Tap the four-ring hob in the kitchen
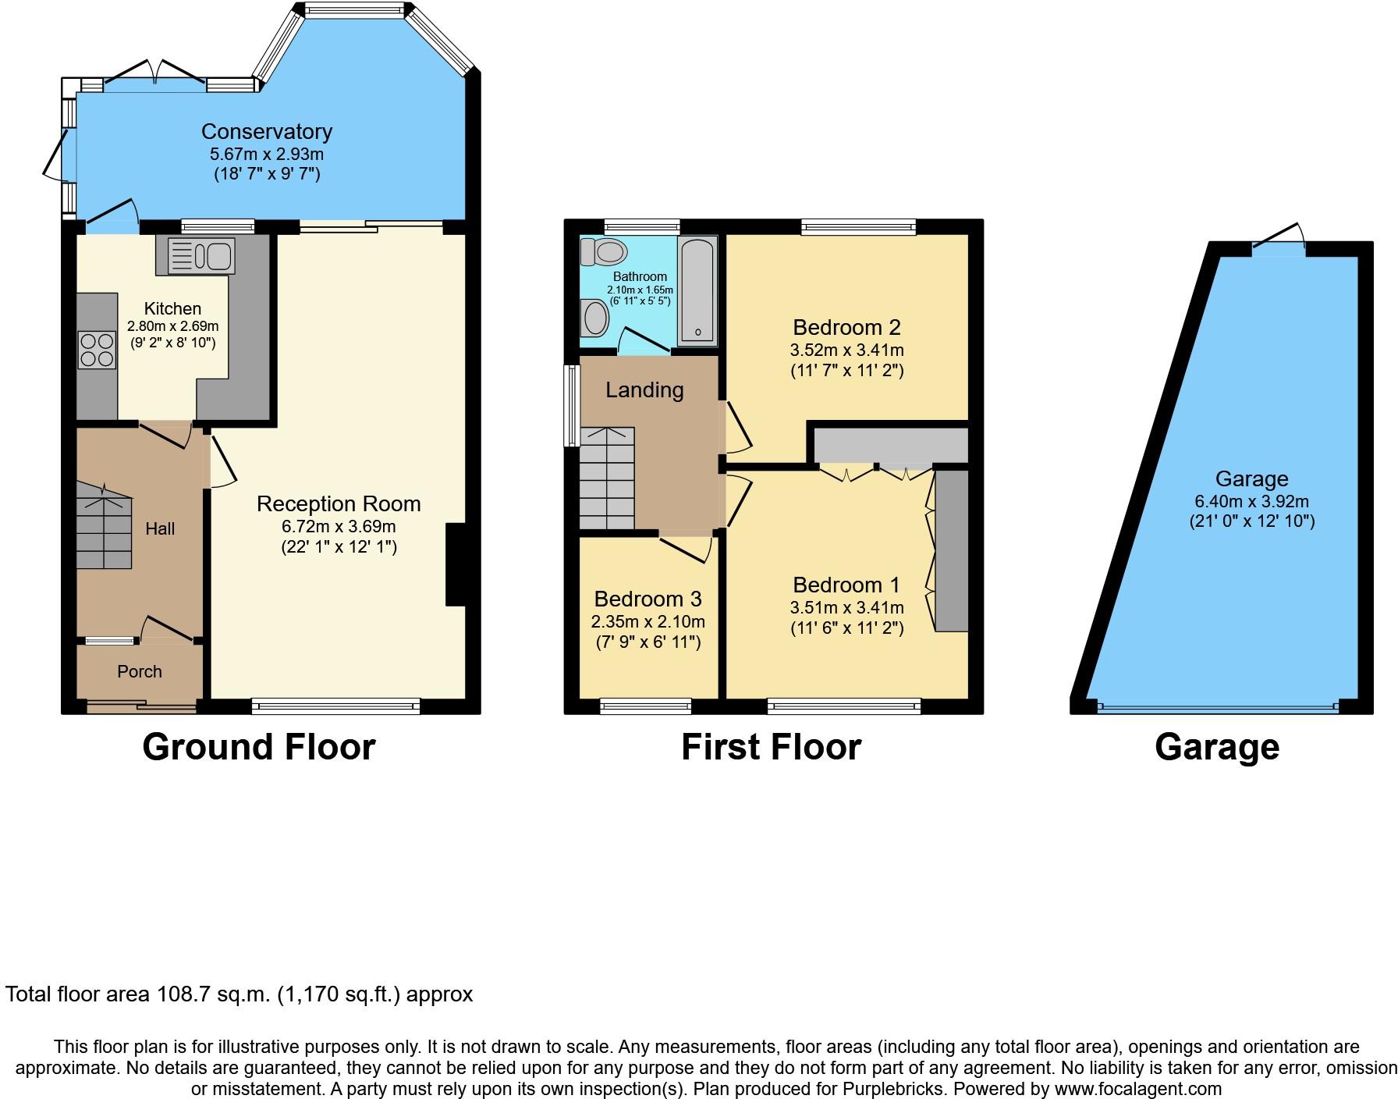coord(97,350)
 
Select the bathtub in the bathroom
coord(697,292)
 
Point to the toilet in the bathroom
coord(604,251)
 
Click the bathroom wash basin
coord(596,319)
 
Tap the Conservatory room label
coord(267,131)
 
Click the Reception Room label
coord(339,504)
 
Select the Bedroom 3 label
coord(648,599)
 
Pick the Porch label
coord(140,671)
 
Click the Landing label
coord(644,390)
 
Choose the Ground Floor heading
coord(259,747)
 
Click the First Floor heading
coord(771,747)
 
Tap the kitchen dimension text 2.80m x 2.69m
coord(173,326)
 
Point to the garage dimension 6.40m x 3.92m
coord(1252,502)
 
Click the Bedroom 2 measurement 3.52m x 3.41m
coord(847,350)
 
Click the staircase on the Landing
coord(607,478)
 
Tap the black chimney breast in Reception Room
coord(456,564)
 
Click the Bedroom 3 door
coord(687,546)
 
